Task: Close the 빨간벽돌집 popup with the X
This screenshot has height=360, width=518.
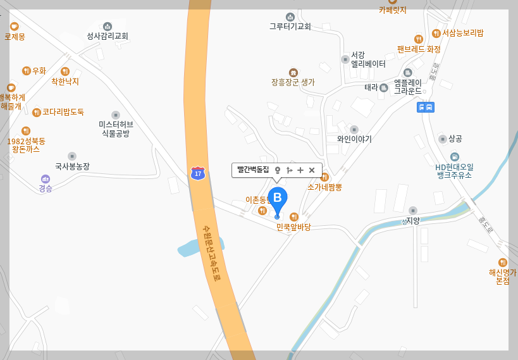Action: [312, 170]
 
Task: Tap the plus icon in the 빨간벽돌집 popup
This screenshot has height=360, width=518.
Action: [300, 170]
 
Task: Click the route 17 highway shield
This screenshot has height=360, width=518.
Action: [199, 173]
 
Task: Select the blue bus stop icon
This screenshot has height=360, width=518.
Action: [426, 107]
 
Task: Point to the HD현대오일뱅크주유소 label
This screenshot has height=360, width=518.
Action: [454, 170]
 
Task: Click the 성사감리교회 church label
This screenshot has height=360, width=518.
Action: [108, 36]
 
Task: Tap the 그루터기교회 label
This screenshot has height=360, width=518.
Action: [290, 27]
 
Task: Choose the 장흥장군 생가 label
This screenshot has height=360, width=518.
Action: [293, 82]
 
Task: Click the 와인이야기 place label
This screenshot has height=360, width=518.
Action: [354, 139]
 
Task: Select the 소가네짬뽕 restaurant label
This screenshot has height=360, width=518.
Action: [324, 187]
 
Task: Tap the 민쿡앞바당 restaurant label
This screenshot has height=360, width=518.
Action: [293, 227]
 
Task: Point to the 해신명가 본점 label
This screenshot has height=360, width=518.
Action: [503, 276]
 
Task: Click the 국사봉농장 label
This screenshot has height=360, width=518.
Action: [72, 166]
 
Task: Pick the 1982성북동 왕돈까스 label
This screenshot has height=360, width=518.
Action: [26, 144]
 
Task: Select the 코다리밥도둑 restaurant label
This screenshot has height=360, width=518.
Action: [63, 112]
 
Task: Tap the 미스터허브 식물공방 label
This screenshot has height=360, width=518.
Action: [116, 128]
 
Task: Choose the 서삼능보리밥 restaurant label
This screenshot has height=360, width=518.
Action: [462, 33]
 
